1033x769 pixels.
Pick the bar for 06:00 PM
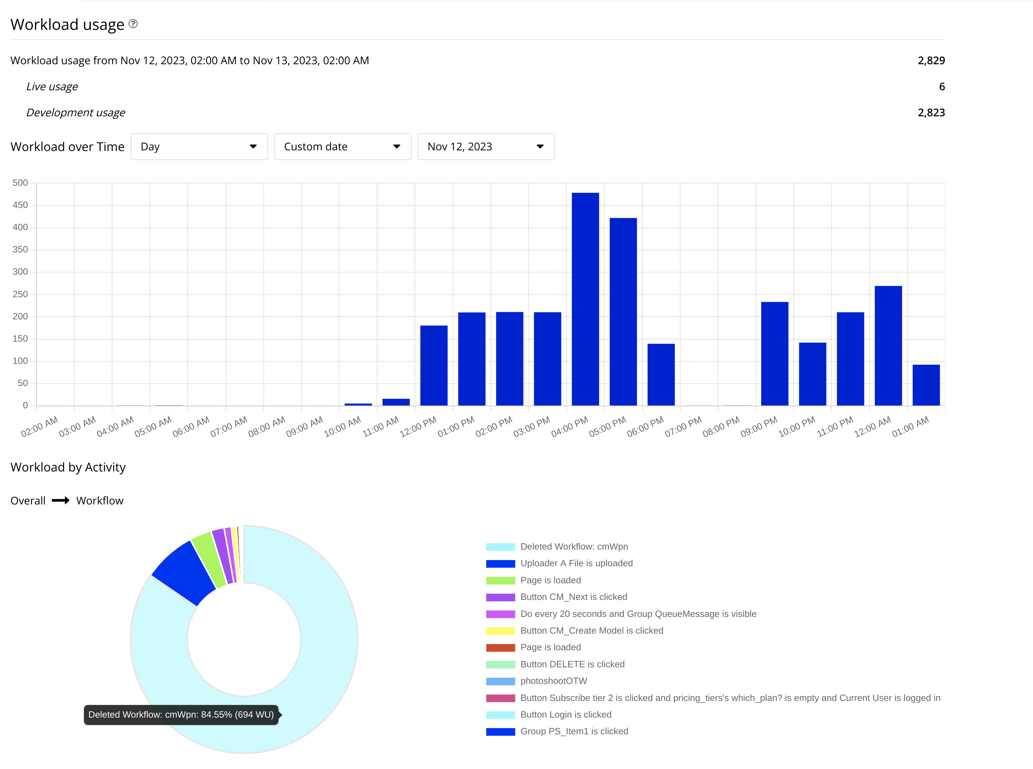point(661,374)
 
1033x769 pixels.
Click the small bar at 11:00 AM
point(396,402)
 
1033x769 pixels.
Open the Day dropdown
point(199,147)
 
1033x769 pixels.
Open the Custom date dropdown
point(342,147)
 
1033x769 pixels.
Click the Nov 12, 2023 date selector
point(486,147)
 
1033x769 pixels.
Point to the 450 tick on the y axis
point(20,205)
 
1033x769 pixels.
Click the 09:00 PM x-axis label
point(759,426)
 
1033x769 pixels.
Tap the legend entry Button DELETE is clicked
point(572,664)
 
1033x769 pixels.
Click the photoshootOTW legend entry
point(554,681)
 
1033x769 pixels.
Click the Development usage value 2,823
point(931,112)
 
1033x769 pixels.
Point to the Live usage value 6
point(941,86)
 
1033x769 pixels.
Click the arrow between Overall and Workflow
point(60,500)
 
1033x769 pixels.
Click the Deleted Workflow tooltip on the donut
point(181,714)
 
